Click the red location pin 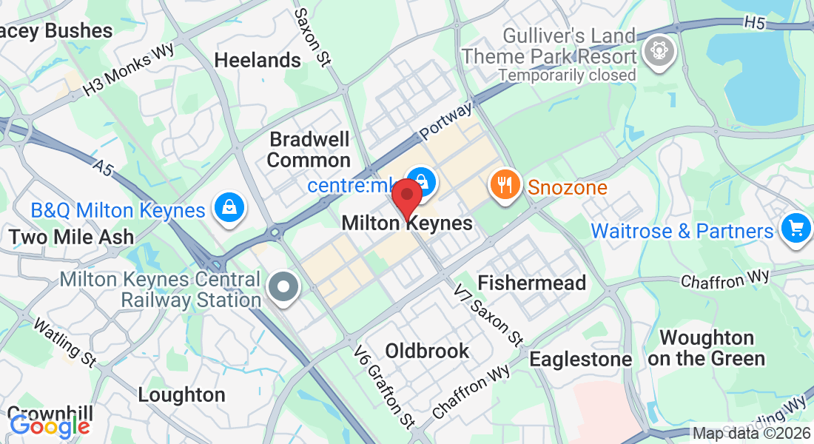[406, 196]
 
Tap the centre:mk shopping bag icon [420, 181]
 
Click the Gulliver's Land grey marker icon [656, 51]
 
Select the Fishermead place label [532, 283]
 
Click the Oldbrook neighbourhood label [428, 351]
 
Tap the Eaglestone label [581, 360]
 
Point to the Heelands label [258, 60]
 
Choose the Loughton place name [181, 394]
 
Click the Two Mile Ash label [72, 237]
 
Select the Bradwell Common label [309, 149]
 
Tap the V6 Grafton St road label [383, 386]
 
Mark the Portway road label [446, 121]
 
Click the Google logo [50, 425]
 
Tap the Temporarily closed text [567, 75]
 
